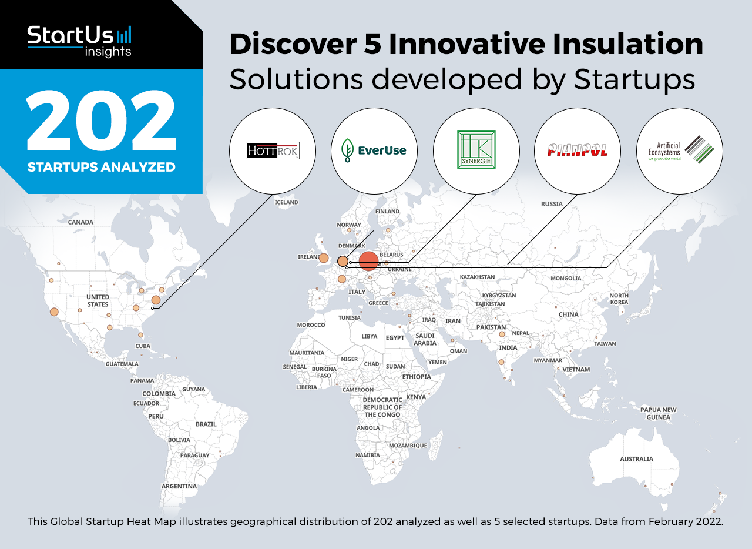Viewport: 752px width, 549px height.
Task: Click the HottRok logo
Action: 272,150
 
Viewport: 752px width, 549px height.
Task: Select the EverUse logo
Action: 374,150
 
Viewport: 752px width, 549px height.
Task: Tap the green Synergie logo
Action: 476,149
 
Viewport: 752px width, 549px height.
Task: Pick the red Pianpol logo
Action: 577,150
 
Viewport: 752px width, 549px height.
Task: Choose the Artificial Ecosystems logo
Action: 680,150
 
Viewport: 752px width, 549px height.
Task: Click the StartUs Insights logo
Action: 79,41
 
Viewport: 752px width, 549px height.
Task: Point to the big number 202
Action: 101,120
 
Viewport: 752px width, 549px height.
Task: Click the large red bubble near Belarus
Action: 368,261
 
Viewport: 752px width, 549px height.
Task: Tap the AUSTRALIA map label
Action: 636,459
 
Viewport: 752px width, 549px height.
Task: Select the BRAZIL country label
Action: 206,424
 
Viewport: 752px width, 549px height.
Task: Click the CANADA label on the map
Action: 80,222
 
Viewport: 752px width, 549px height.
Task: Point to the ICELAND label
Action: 286,202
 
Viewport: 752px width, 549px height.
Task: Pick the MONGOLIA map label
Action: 566,278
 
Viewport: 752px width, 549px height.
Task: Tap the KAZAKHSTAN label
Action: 477,277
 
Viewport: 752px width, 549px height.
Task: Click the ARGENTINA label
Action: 179,486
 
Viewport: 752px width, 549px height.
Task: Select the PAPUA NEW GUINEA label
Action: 659,413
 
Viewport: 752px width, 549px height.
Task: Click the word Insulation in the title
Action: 628,44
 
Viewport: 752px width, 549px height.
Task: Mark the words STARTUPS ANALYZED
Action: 102,167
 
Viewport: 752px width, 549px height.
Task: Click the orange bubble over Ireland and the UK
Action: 324,258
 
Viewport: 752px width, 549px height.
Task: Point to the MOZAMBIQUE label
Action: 408,446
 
